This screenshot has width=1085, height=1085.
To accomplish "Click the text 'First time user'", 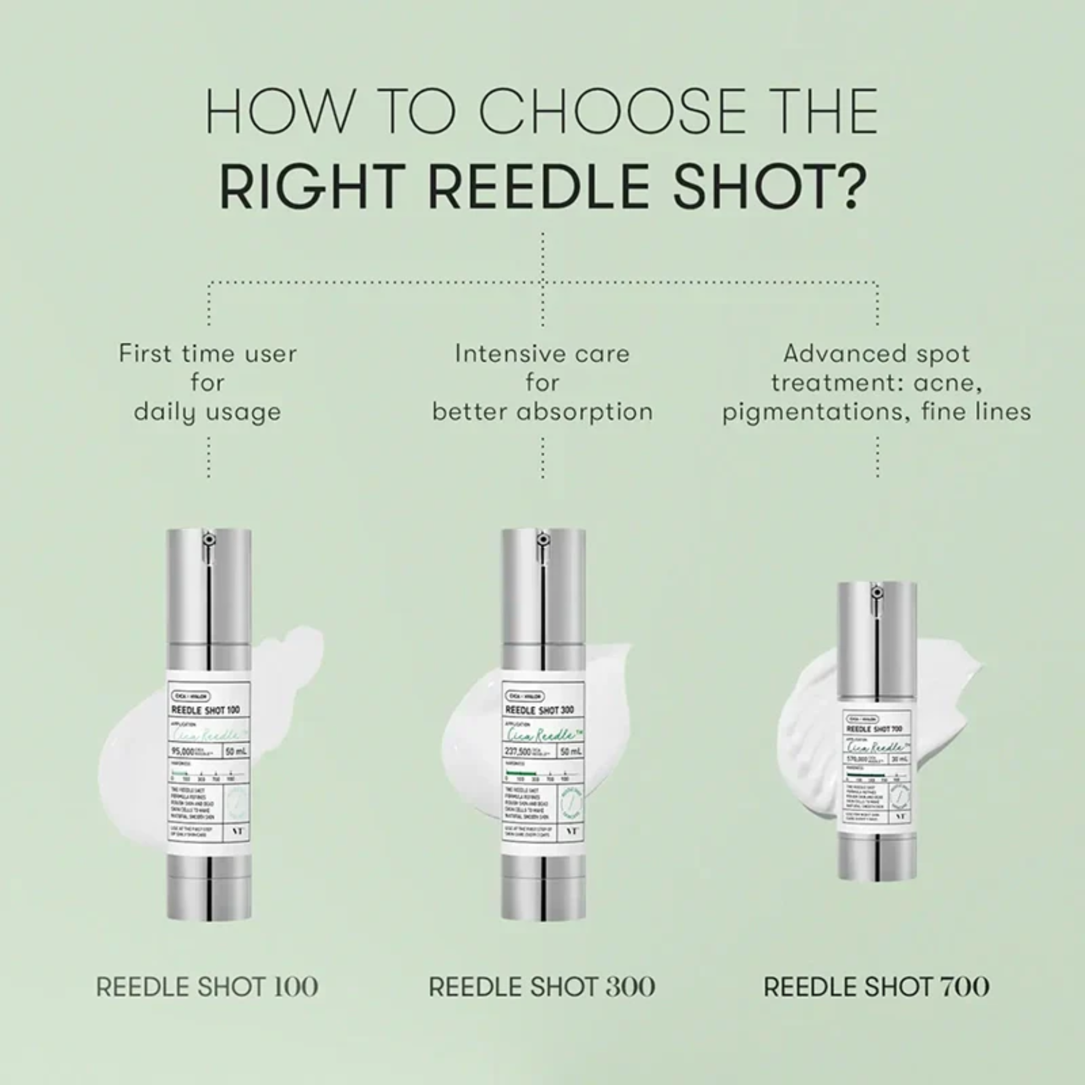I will [x=208, y=354].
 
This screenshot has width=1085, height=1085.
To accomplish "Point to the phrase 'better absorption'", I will [x=542, y=412].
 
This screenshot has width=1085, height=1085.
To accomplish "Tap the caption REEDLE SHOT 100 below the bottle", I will [x=207, y=986].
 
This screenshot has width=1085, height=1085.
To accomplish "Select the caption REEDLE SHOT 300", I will [x=541, y=986].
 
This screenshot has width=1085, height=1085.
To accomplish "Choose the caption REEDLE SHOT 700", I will [x=876, y=986].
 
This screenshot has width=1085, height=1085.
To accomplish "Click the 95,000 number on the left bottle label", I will [x=183, y=751].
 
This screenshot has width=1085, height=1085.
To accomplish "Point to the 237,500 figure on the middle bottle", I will [x=517, y=751].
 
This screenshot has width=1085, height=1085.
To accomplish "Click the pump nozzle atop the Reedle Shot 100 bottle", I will [x=208, y=540].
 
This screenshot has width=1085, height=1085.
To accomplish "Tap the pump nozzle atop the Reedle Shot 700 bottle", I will [x=876, y=592].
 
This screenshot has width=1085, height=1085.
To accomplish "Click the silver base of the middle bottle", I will [x=542, y=888].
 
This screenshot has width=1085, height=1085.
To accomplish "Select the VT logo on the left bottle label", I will [x=237, y=831].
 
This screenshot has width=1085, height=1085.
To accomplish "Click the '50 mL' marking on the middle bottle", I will [x=571, y=751].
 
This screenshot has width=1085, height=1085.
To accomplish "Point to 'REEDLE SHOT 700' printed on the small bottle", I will [x=875, y=729].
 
